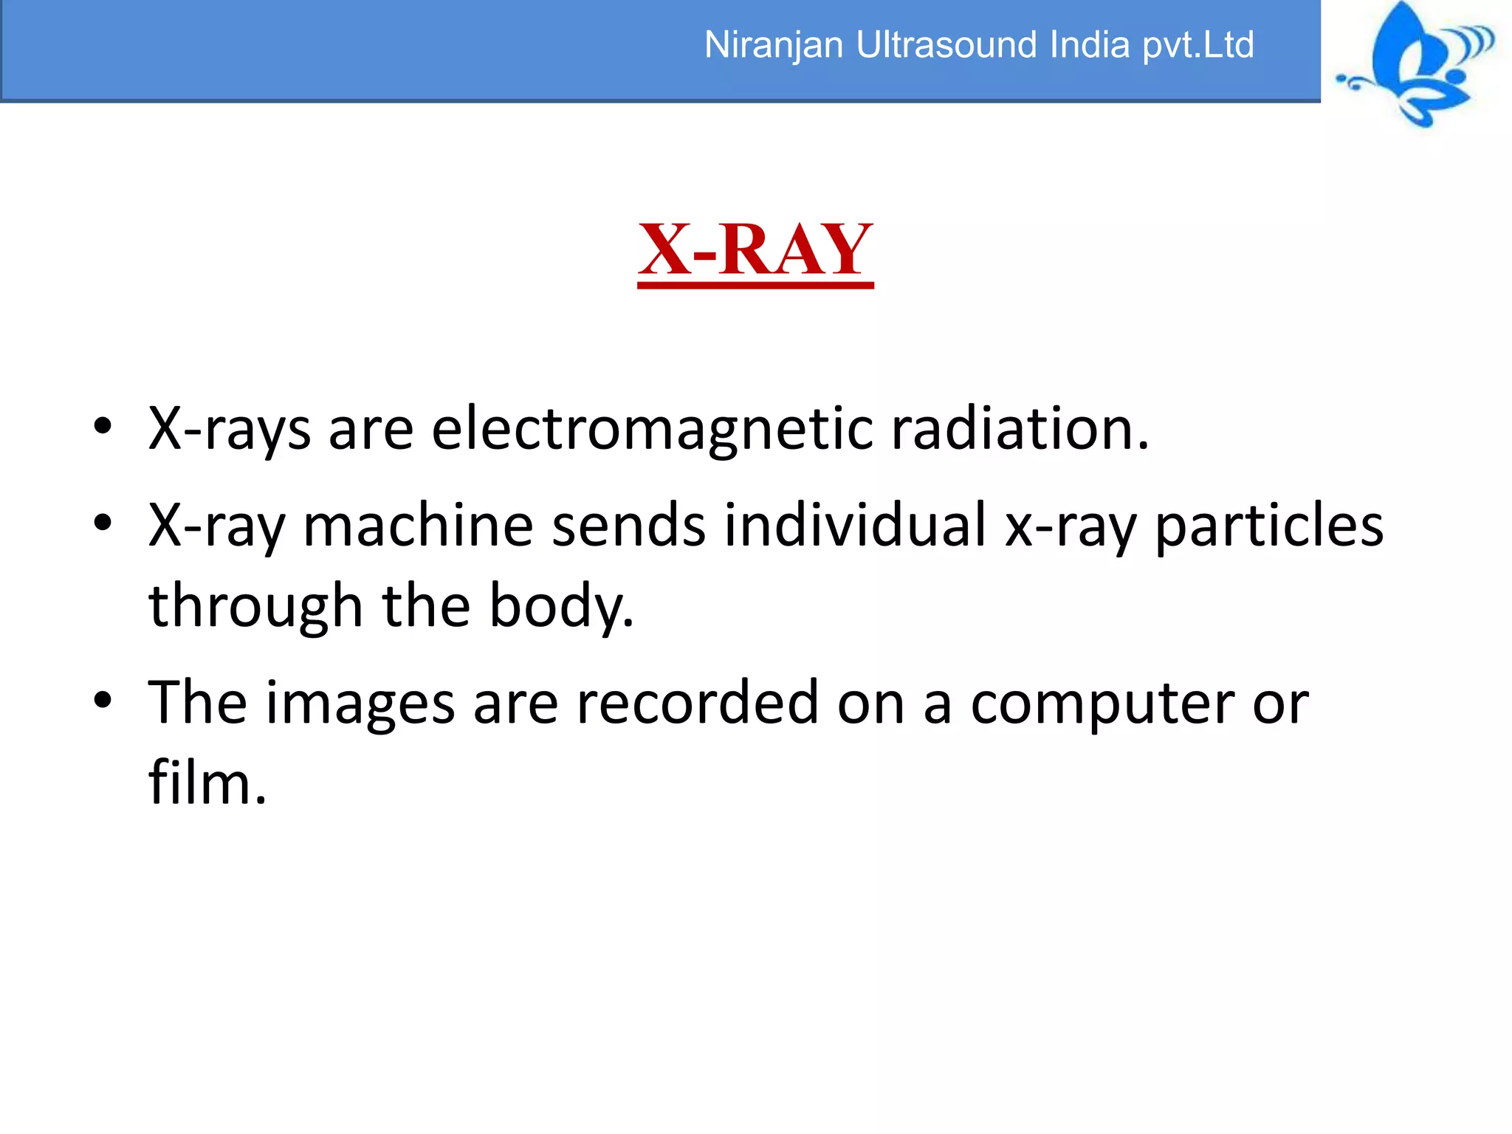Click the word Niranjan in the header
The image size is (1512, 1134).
point(773,46)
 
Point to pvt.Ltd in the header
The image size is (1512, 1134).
point(1198,46)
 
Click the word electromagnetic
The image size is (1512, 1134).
point(652,429)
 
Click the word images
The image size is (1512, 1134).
point(360,704)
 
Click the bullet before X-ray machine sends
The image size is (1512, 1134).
point(103,523)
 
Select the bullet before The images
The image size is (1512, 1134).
point(103,701)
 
